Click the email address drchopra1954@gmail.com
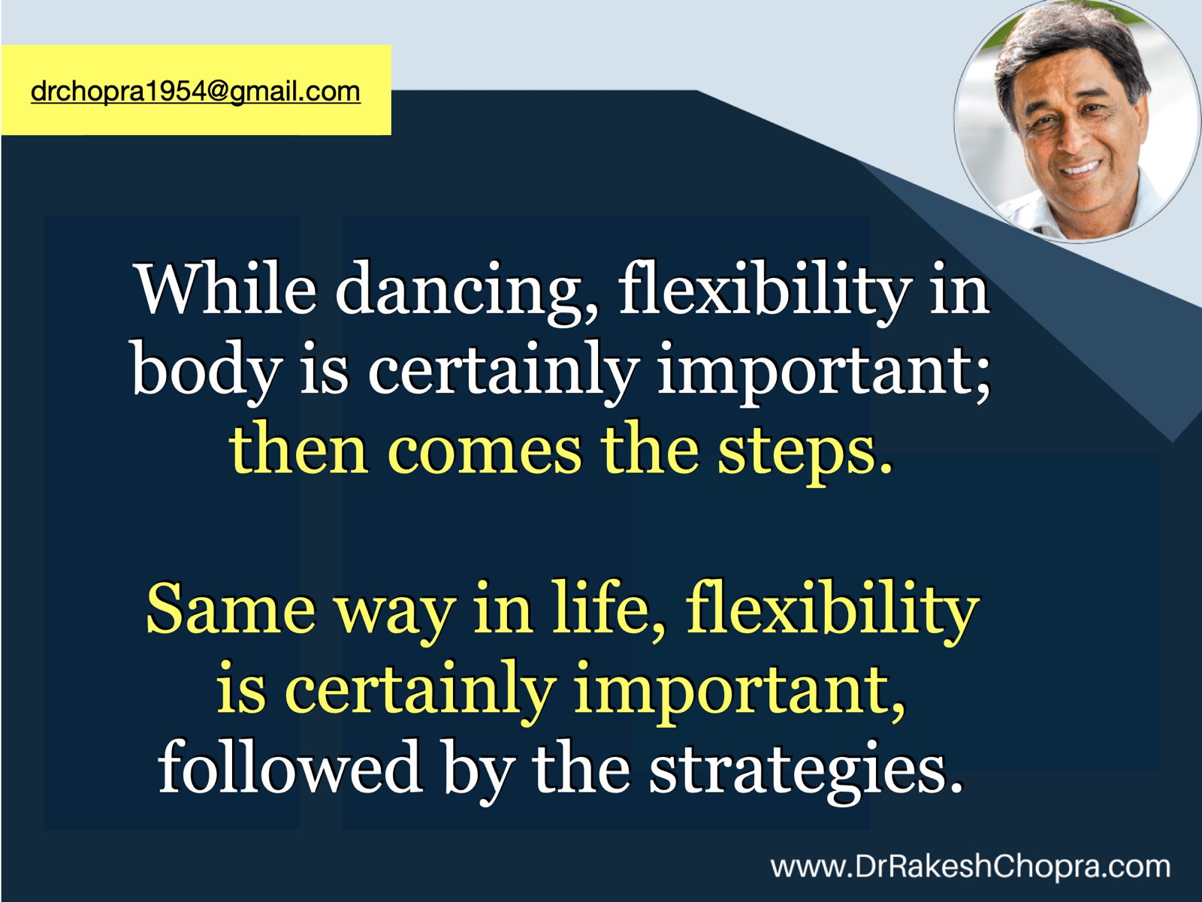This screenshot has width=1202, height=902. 195,92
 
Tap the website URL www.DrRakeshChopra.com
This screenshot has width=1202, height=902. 971,867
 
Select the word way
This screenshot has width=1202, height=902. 395,617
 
